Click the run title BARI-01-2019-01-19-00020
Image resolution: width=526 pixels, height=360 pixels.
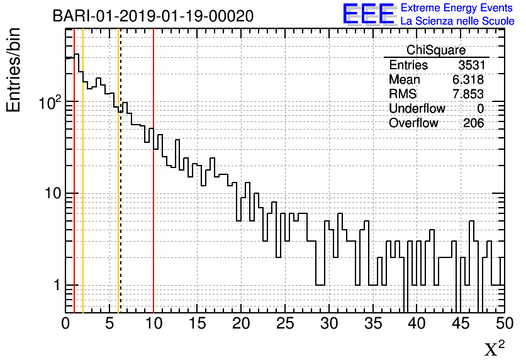pyautogui.click(x=153, y=16)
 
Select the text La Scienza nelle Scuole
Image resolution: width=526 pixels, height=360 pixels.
pyautogui.click(x=457, y=21)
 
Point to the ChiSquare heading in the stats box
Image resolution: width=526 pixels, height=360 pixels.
pyautogui.click(x=436, y=50)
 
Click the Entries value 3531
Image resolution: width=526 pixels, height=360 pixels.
pyautogui.click(x=471, y=65)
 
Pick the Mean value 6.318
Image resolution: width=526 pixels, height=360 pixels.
pyautogui.click(x=467, y=80)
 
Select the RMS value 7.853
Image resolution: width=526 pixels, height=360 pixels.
pyautogui.click(x=467, y=94)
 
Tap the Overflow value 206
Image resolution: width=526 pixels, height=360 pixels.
pyautogui.click(x=474, y=123)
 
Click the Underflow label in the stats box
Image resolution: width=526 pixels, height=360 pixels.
pyautogui.click(x=417, y=109)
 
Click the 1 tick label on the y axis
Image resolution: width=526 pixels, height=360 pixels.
pyautogui.click(x=56, y=285)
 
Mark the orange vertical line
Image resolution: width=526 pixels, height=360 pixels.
pyautogui.click(x=83, y=189)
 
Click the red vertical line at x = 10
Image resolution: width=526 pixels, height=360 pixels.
pyautogui.click(x=154, y=189)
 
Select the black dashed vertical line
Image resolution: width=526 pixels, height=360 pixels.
pyautogui.click(x=120, y=189)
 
